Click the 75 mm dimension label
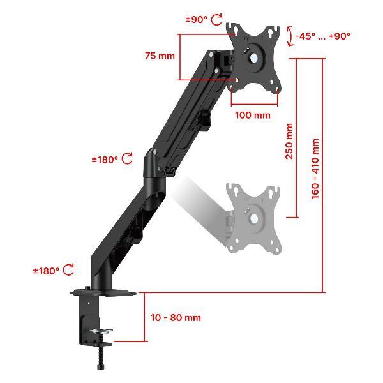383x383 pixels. tap(160, 56)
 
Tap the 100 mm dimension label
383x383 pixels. tap(253, 115)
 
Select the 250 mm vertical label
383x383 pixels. tap(289, 142)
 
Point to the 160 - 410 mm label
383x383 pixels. tap(315, 169)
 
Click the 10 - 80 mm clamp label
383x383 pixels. tap(176, 317)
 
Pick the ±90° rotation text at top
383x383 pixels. tap(197, 19)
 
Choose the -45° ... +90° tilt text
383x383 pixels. tap(322, 36)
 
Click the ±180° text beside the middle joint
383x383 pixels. tap(105, 160)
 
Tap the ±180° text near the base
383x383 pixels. tap(46, 271)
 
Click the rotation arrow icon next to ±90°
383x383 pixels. tap(216, 19)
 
